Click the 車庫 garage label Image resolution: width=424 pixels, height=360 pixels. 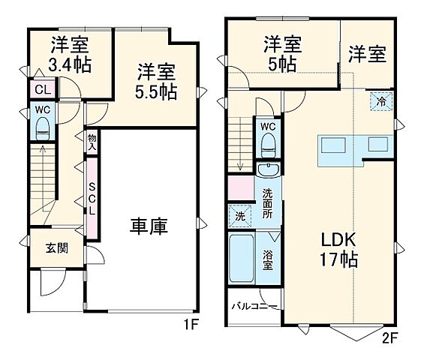pyautogui.click(x=147, y=225)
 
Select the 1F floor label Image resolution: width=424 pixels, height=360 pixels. pyautogui.click(x=192, y=326)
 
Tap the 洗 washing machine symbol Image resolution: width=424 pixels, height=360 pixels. pyautogui.click(x=239, y=216)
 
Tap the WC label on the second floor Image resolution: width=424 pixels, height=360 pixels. pyautogui.click(x=268, y=127)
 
